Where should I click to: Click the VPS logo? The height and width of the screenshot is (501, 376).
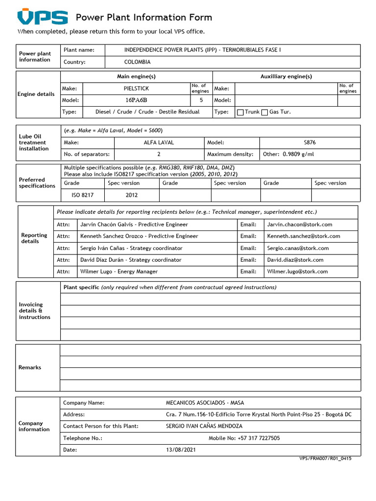click(x=43, y=18)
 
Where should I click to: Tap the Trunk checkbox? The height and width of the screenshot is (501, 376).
click(x=240, y=112)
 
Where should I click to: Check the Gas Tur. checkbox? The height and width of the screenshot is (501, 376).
click(x=264, y=112)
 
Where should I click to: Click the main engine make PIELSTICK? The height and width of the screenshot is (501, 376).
click(x=136, y=89)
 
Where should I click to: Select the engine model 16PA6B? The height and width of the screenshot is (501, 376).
click(x=136, y=100)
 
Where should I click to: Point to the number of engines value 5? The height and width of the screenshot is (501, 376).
click(x=201, y=100)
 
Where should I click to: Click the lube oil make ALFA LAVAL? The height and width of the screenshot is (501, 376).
click(x=159, y=143)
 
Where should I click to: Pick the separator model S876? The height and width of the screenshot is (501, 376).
click(x=310, y=143)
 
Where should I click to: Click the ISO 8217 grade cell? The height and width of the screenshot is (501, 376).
click(x=82, y=195)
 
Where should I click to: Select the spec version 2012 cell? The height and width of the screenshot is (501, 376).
click(x=132, y=195)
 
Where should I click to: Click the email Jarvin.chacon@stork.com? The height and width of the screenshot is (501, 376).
click(x=300, y=225)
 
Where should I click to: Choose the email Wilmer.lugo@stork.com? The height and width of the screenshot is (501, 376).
click(x=298, y=272)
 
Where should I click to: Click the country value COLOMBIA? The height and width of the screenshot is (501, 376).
click(x=138, y=62)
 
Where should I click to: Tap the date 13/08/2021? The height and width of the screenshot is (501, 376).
click(x=181, y=450)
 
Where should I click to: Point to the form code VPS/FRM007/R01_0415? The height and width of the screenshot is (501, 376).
click(x=325, y=459)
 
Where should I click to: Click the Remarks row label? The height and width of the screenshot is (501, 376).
click(x=30, y=367)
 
